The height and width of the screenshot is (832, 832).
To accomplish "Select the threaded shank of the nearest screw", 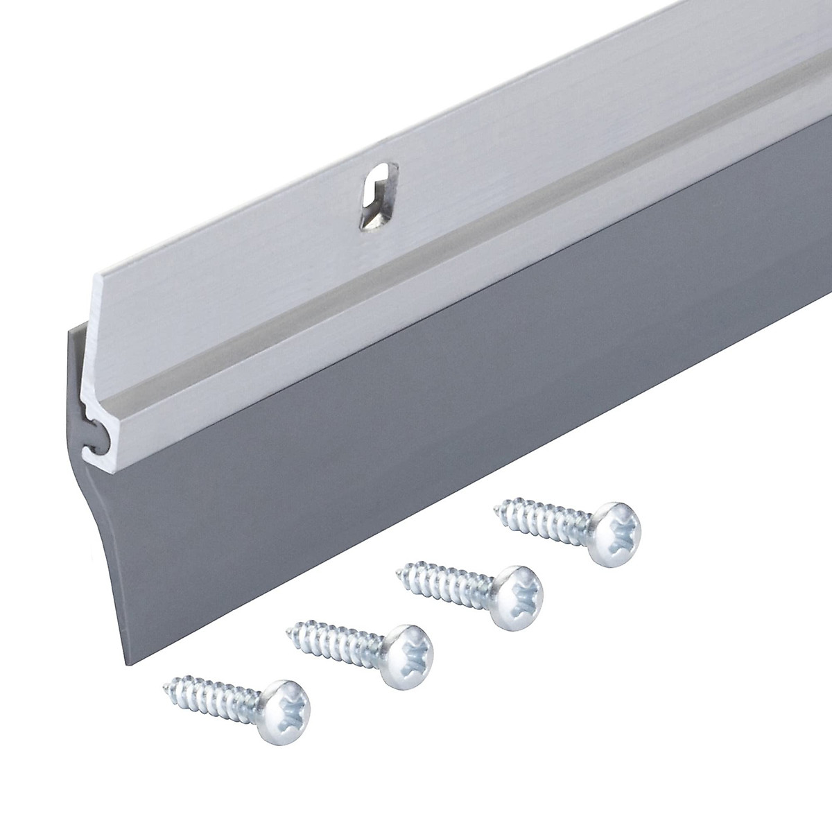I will click(x=215, y=693).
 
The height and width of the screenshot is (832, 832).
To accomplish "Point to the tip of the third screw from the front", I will click(x=397, y=571).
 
